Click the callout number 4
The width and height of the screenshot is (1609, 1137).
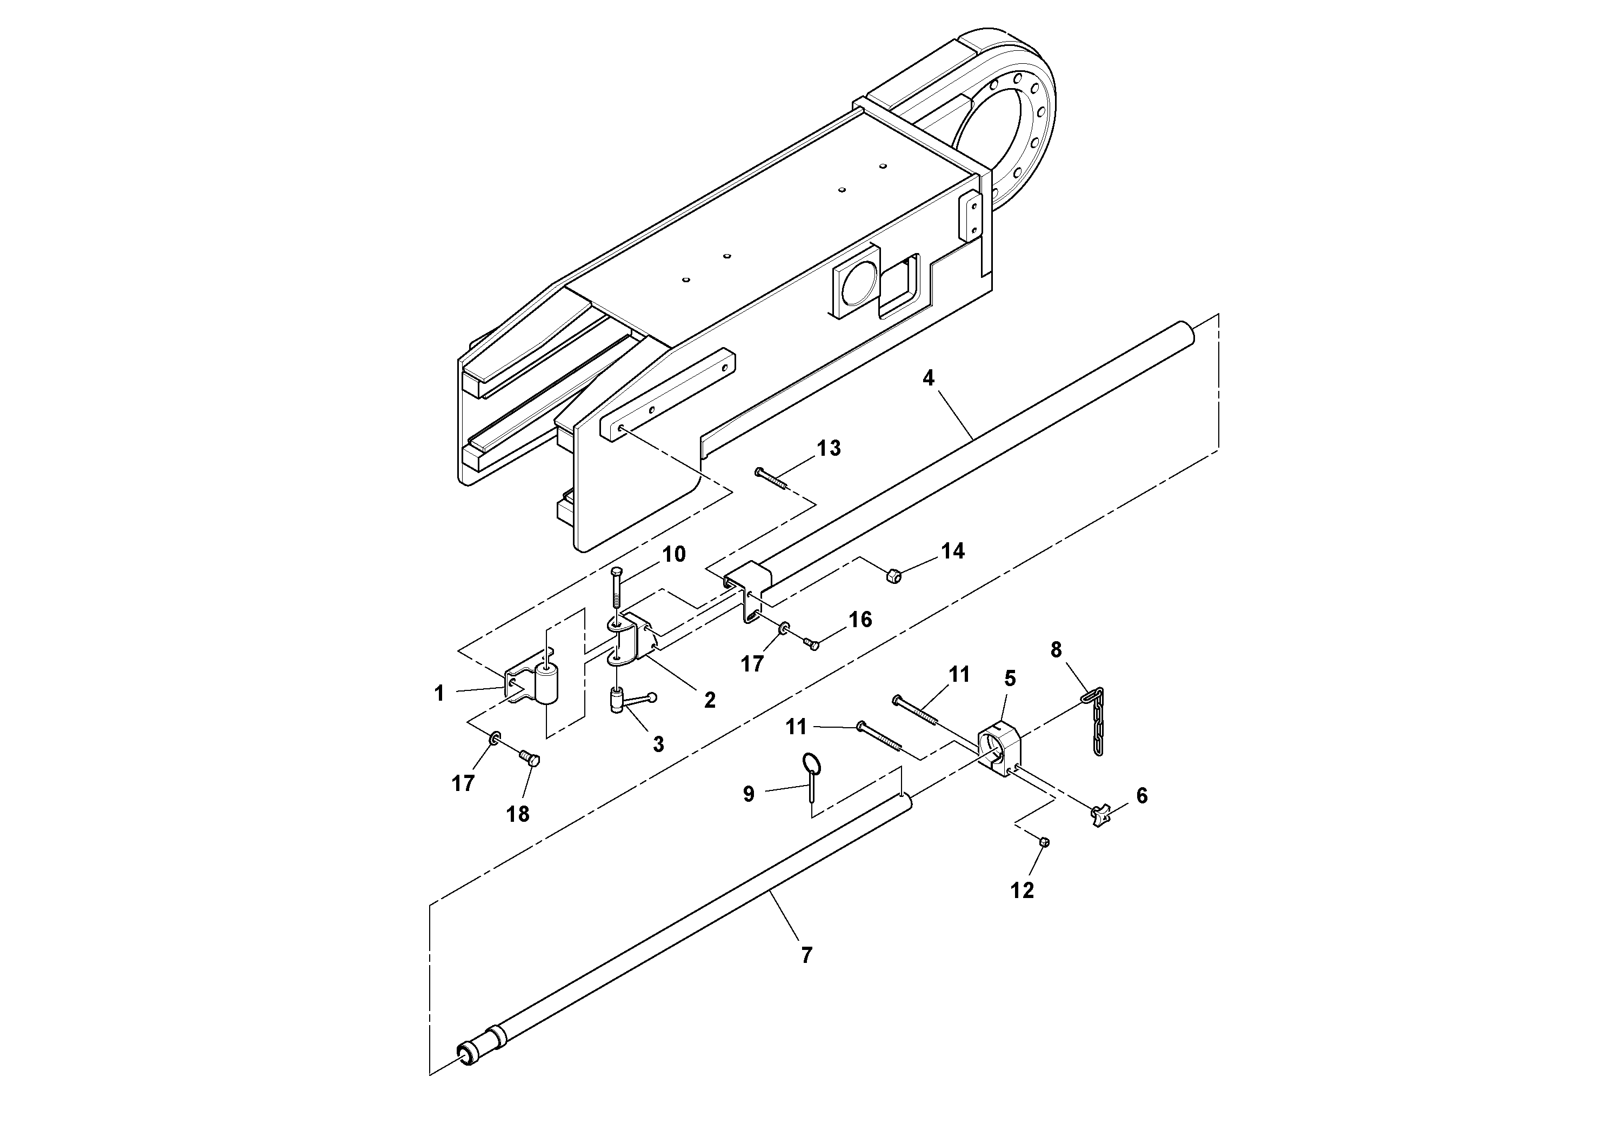click(928, 378)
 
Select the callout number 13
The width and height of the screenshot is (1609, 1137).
click(829, 449)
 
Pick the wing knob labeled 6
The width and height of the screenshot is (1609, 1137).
click(1101, 816)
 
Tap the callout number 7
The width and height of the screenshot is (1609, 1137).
click(806, 955)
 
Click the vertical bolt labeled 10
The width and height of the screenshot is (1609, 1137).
click(616, 589)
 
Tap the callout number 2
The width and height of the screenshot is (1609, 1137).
click(710, 700)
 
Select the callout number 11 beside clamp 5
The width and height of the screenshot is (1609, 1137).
click(959, 674)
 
